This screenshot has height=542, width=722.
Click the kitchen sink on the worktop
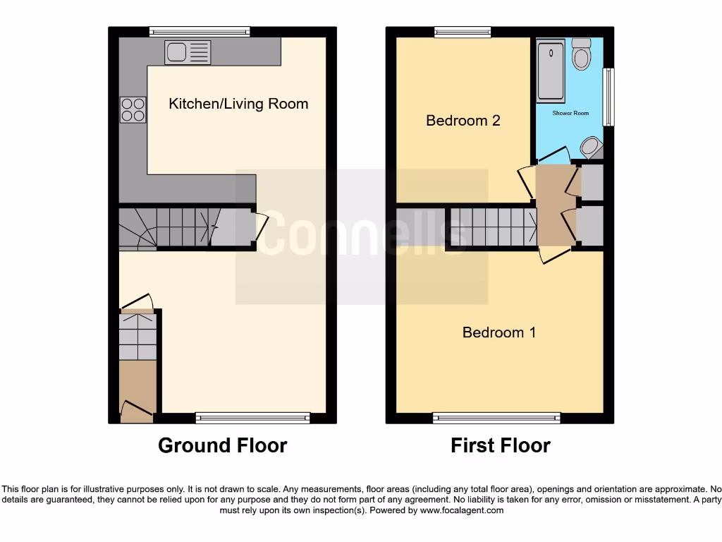[x=188, y=53]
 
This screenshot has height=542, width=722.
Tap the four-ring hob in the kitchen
[x=133, y=109]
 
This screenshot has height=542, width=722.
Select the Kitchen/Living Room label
[x=238, y=104]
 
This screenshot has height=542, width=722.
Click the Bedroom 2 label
[x=463, y=121]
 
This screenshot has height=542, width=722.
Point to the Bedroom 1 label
[x=499, y=332]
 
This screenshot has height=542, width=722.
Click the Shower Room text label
[x=570, y=113]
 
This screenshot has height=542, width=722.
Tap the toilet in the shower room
[x=581, y=54]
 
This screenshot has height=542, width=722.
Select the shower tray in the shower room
[x=551, y=71]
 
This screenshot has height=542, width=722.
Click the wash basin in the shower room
[x=590, y=147]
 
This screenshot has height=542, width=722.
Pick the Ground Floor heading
[x=222, y=446]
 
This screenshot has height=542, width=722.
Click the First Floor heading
[x=501, y=446]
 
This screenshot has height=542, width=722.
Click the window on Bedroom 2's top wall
[x=463, y=31]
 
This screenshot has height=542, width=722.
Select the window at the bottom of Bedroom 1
[x=496, y=418]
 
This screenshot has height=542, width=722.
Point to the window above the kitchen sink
[x=200, y=31]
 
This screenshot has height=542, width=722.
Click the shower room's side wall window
[x=608, y=97]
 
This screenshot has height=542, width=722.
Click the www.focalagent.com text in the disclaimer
[x=461, y=510]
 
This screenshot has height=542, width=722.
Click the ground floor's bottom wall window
[x=252, y=418]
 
